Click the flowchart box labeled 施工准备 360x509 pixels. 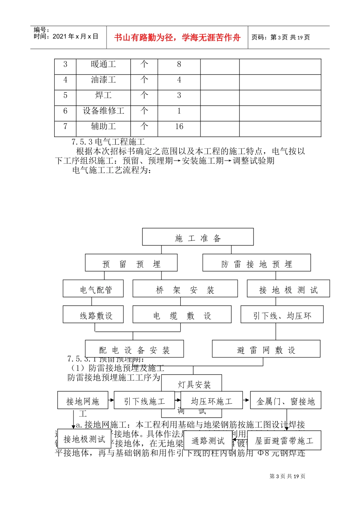point(198,237)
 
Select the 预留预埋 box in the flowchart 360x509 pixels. point(131,263)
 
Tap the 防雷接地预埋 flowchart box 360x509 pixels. point(257,263)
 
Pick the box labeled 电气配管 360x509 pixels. point(93,289)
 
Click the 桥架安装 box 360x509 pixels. point(185,289)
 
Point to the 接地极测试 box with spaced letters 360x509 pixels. point(288,289)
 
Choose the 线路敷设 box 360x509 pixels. point(93,315)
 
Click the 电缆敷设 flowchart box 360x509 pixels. point(182,315)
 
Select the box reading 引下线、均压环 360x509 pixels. point(282,315)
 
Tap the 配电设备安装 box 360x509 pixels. point(135,349)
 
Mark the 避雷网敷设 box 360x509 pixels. point(266,349)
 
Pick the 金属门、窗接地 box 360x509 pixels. point(285,401)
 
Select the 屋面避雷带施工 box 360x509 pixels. point(284,440)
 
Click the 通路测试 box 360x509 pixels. point(208,440)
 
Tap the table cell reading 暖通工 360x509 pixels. point(103,65)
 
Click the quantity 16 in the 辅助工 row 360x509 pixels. point(179,127)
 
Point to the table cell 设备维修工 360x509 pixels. point(103,111)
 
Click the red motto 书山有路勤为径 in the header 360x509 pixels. point(177,38)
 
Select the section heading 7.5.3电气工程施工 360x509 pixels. point(108,142)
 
